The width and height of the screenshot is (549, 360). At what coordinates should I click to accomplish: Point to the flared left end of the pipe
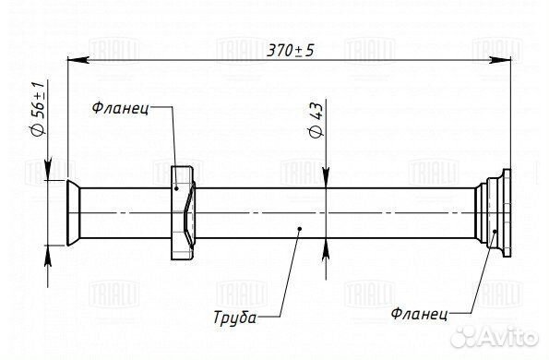point(63,213)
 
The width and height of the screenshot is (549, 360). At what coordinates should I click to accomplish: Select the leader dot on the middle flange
point(176,187)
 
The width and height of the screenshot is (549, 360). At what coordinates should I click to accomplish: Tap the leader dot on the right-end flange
point(496,232)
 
